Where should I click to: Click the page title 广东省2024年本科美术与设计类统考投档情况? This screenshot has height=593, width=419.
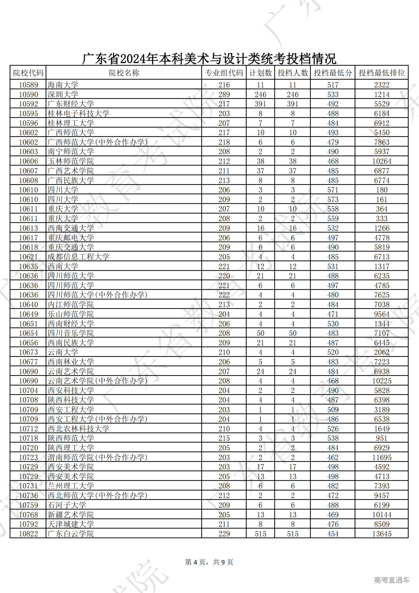(209, 59)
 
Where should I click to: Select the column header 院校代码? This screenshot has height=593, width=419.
(28, 73)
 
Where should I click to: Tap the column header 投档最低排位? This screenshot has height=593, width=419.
(382, 73)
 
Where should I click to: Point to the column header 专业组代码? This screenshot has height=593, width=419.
(224, 73)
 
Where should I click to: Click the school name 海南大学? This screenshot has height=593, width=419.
(63, 85)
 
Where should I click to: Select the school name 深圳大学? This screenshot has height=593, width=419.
(63, 94)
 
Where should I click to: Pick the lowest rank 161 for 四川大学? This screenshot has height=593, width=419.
(382, 200)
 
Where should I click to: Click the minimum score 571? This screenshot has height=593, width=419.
(333, 190)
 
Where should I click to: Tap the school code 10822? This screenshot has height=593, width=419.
(28, 534)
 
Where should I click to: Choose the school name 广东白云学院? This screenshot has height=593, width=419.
(71, 534)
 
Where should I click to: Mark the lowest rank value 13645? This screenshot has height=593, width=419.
(382, 534)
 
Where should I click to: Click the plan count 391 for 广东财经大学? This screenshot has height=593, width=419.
(260, 104)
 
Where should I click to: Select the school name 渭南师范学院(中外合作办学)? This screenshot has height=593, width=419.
(98, 457)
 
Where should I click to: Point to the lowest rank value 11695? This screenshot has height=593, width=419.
(382, 457)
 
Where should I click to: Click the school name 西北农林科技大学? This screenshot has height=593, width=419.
(79, 429)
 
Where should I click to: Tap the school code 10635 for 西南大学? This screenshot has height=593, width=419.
(28, 266)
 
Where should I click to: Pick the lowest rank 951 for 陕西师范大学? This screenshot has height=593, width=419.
(382, 438)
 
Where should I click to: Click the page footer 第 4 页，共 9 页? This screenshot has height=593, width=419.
(209, 562)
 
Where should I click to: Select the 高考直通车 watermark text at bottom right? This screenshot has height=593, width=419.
(392, 580)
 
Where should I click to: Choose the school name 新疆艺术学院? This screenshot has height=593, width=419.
(71, 515)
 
